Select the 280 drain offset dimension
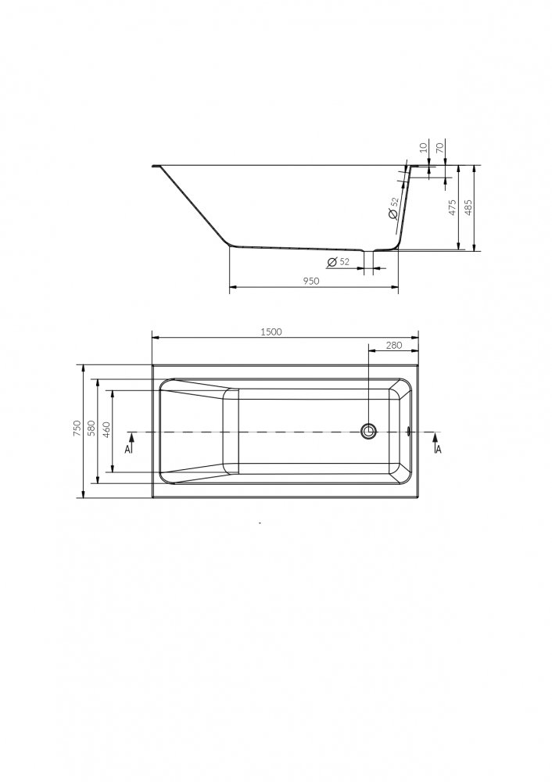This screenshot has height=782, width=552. [x=394, y=345]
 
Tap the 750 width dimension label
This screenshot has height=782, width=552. [x=77, y=429]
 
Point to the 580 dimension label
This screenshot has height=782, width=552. [x=91, y=429]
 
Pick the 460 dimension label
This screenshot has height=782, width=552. [x=106, y=429]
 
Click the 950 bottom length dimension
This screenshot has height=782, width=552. [x=310, y=282]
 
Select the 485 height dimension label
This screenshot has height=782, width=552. [x=468, y=207]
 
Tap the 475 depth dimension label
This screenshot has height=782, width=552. [x=452, y=207]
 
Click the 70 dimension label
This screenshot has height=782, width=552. [x=439, y=147]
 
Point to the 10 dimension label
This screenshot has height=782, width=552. [x=424, y=147]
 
